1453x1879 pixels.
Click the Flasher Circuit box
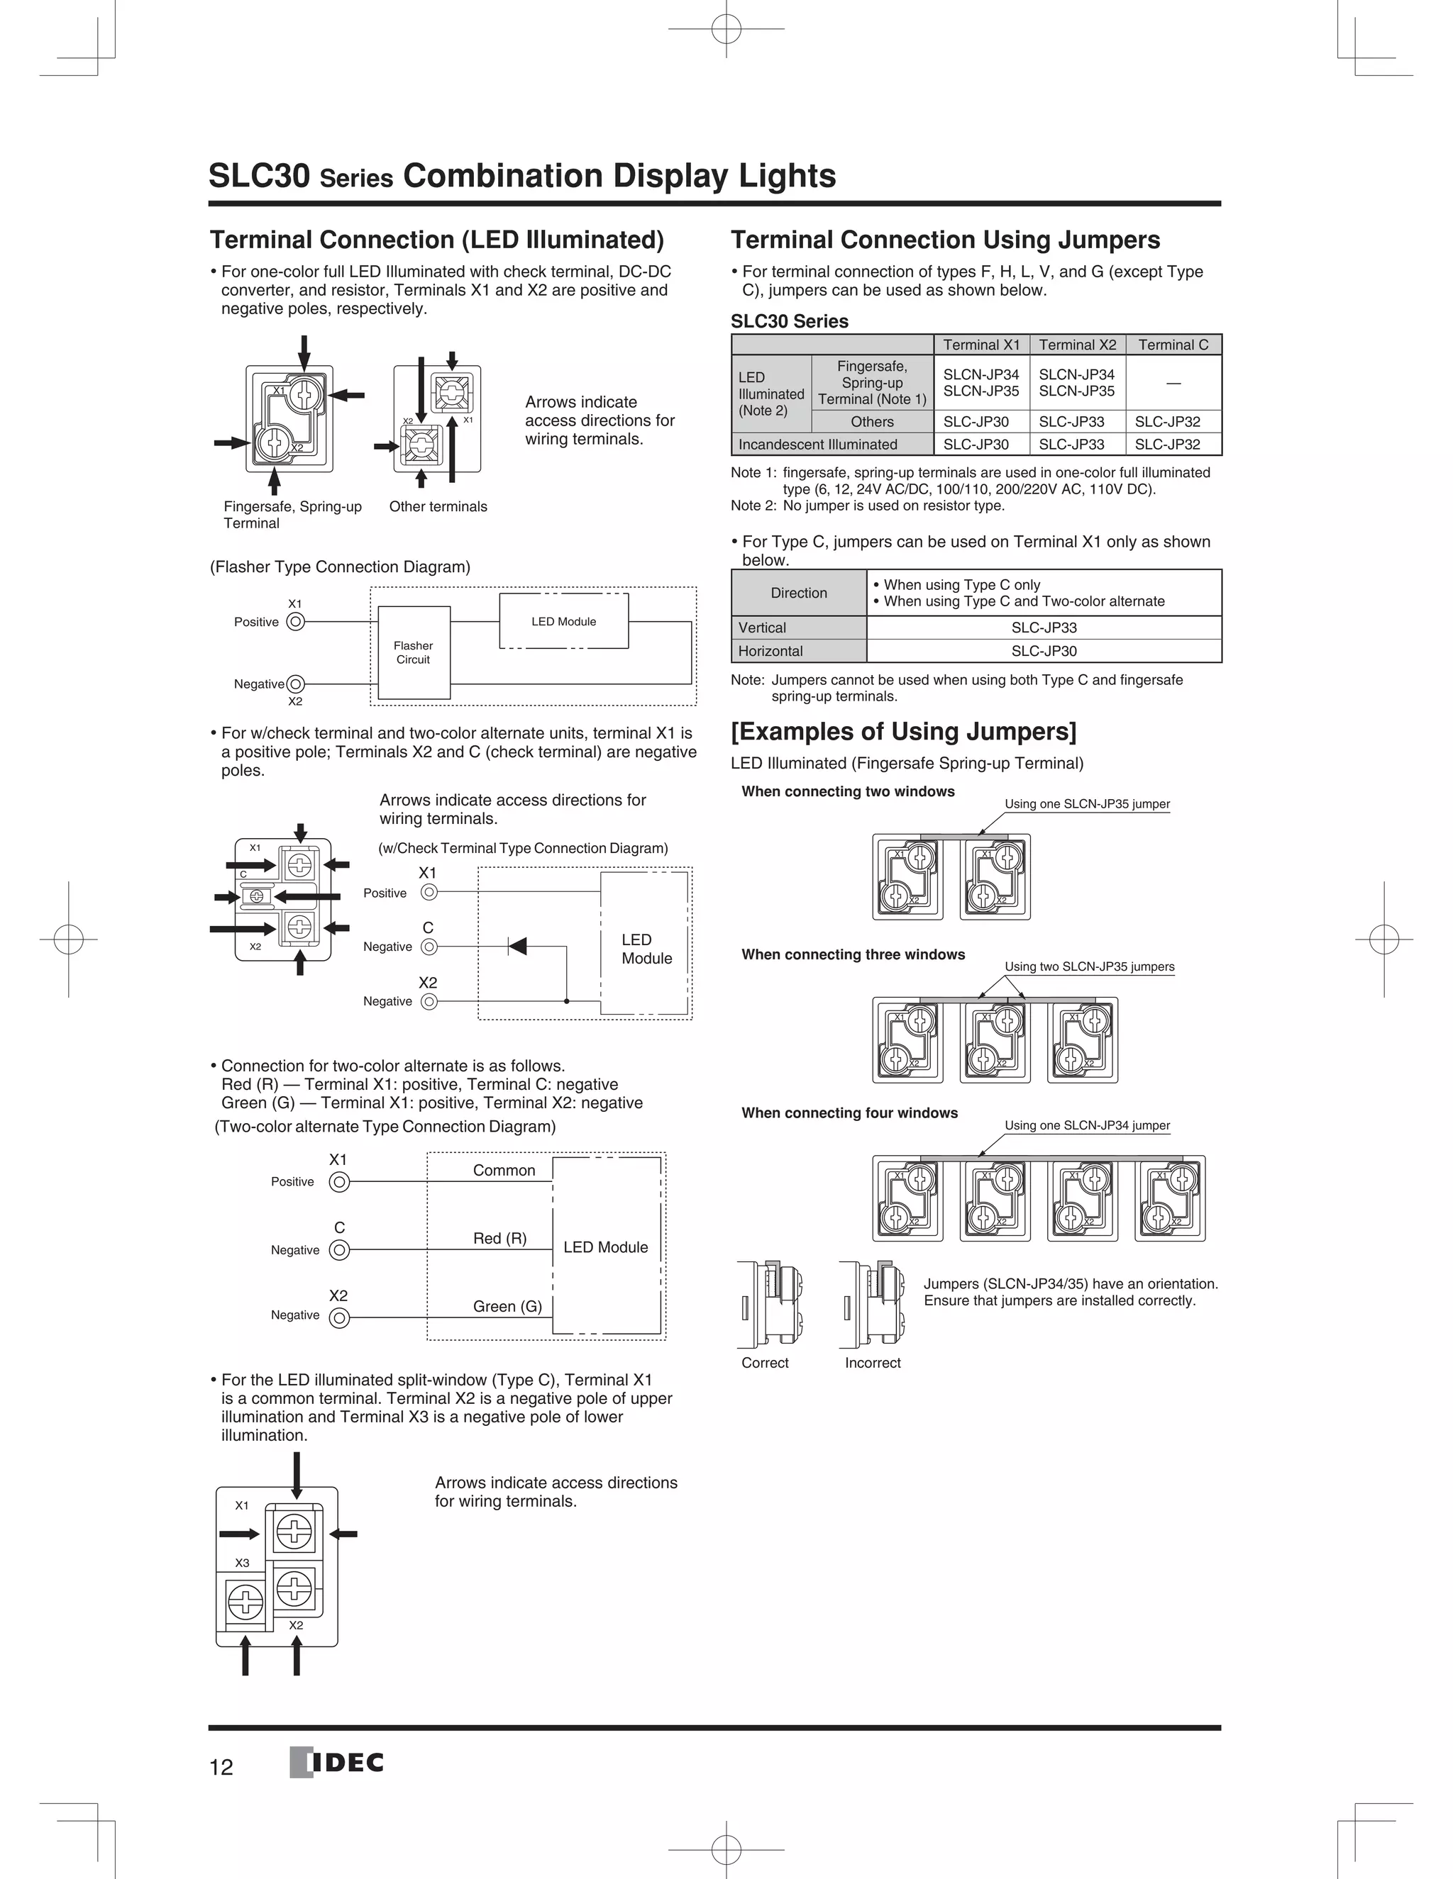413,652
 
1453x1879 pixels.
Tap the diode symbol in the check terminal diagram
517,947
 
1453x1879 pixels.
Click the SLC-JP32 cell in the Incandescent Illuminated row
1167,444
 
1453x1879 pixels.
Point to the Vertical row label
762,628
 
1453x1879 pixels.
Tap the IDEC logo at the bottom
338,1763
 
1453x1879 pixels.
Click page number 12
221,1767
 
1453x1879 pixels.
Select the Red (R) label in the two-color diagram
499,1238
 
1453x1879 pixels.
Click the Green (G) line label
507,1306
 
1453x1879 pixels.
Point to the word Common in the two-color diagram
504,1170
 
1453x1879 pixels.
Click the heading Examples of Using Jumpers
903,731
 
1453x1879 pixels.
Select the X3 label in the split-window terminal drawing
243,1562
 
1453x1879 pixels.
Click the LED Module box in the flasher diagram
564,621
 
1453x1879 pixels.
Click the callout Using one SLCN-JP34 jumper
1086,1125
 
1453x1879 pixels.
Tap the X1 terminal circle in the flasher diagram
295,621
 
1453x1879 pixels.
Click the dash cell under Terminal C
1173,383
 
